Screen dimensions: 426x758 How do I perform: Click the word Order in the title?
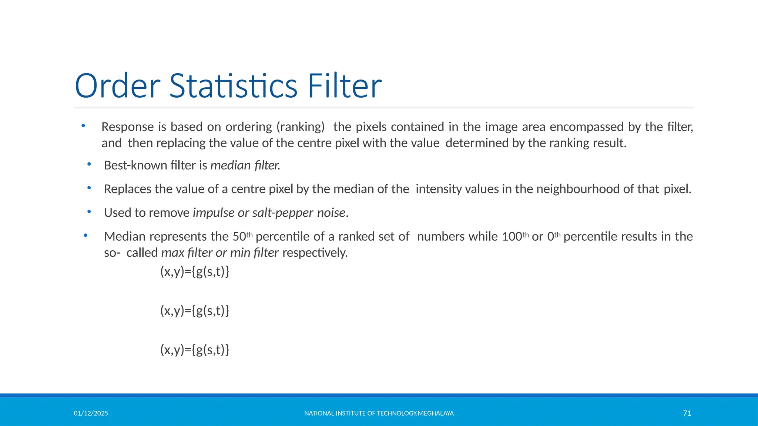click(x=117, y=86)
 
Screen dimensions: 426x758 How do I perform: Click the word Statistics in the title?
click(x=233, y=86)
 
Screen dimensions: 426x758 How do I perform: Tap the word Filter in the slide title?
click(x=345, y=86)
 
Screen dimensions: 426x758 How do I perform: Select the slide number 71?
click(x=687, y=413)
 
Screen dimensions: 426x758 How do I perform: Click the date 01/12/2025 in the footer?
click(x=91, y=413)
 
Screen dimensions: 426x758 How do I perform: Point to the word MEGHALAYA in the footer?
click(x=436, y=413)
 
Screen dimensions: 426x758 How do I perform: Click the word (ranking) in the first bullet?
click(x=301, y=127)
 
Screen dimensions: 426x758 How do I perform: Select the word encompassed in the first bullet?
click(x=587, y=127)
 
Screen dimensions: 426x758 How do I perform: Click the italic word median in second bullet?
click(x=231, y=165)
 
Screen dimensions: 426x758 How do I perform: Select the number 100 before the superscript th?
click(x=512, y=236)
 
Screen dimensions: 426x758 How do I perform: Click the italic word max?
click(x=173, y=253)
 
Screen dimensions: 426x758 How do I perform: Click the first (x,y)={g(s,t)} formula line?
click(x=195, y=272)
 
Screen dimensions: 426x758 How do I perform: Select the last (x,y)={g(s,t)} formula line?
click(x=195, y=349)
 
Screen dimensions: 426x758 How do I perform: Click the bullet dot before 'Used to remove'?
click(x=89, y=212)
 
